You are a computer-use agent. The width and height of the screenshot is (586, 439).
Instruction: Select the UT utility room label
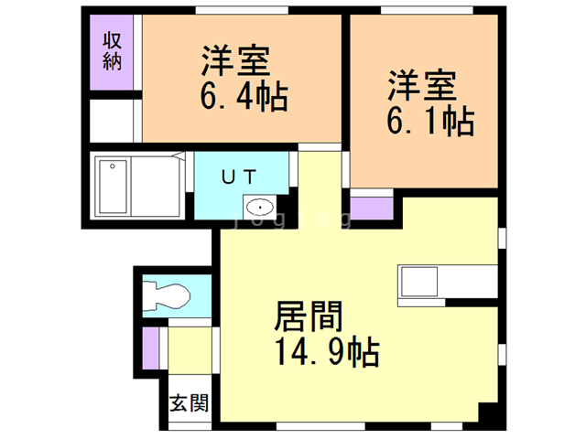tap(243, 177)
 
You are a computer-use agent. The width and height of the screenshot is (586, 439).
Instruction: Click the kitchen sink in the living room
tap(419, 282)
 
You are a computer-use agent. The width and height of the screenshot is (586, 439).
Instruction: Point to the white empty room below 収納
tap(114, 121)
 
